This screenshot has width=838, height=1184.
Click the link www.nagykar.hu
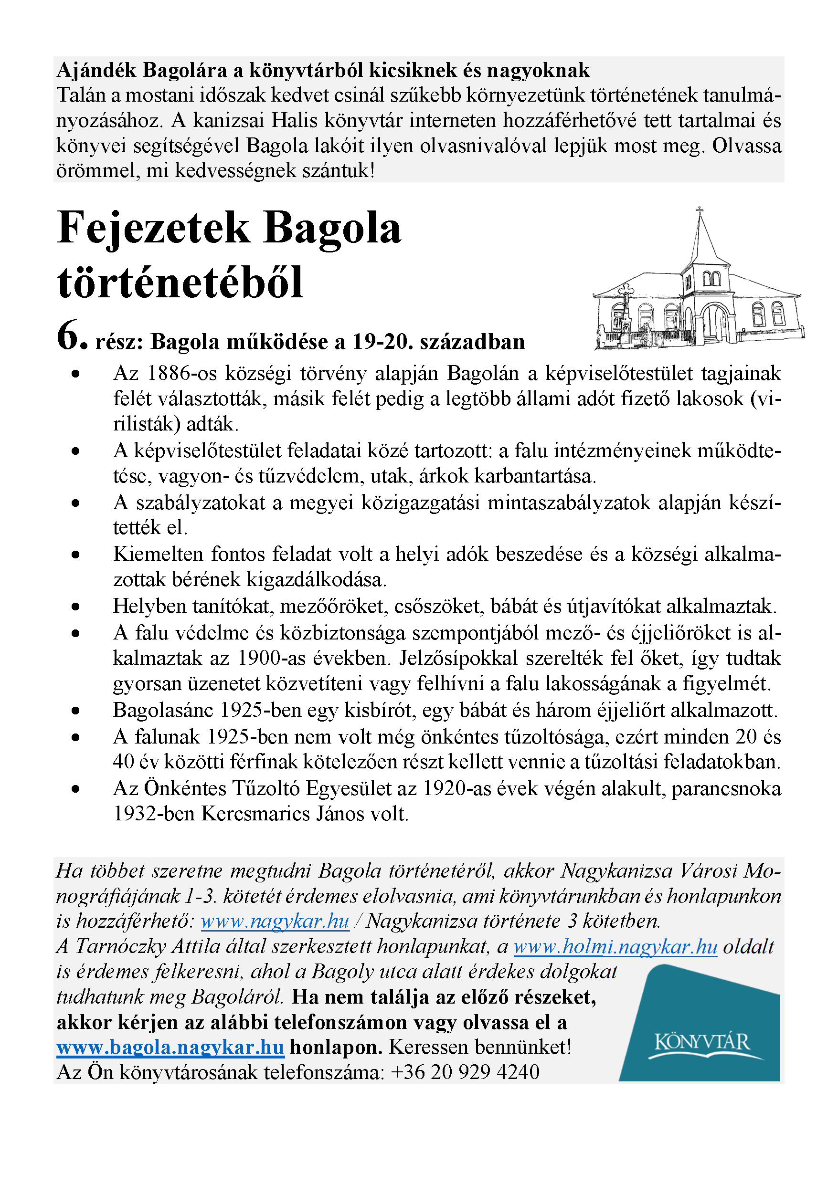[x=275, y=921]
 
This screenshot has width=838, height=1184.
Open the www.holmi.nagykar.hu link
[x=615, y=946]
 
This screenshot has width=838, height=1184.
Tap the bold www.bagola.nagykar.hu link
[x=170, y=1048]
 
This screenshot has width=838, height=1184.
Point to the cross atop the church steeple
[x=700, y=210]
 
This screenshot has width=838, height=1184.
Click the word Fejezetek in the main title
[x=153, y=228]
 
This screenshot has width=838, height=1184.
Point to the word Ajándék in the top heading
[x=96, y=70]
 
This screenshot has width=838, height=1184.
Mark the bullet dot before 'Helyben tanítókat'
[x=76, y=607]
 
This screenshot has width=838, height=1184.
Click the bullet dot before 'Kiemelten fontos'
[x=76, y=555]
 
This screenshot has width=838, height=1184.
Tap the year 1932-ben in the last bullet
[x=154, y=814]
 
